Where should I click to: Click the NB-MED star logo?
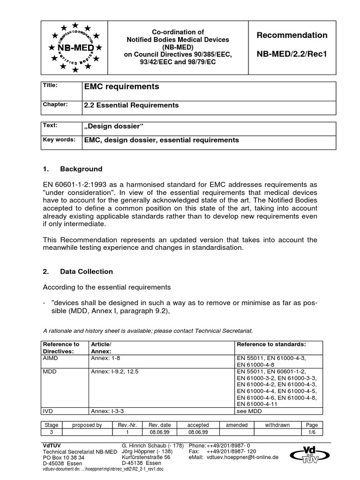click(x=75, y=47)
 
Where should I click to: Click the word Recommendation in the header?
click(x=297, y=35)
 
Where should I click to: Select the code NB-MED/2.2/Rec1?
click(x=297, y=54)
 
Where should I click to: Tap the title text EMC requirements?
click(x=121, y=87)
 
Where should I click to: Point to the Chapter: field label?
click(x=56, y=105)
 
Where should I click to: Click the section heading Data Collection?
click(x=86, y=271)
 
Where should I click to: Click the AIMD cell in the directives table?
click(x=52, y=358)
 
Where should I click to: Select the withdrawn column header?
click(x=277, y=425)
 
